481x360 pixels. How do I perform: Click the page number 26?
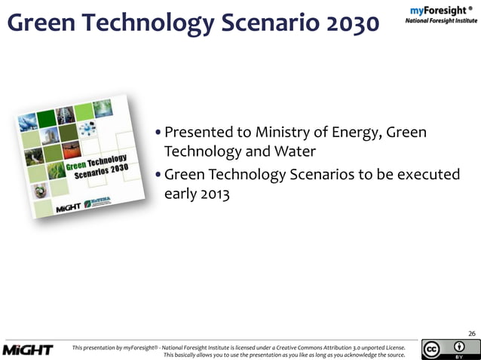(471, 334)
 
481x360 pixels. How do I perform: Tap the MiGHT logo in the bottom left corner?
(28, 349)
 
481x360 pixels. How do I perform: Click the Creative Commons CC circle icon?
(433, 349)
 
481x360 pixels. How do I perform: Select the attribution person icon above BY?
(459, 346)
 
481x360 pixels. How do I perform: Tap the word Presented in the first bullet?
(199, 133)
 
